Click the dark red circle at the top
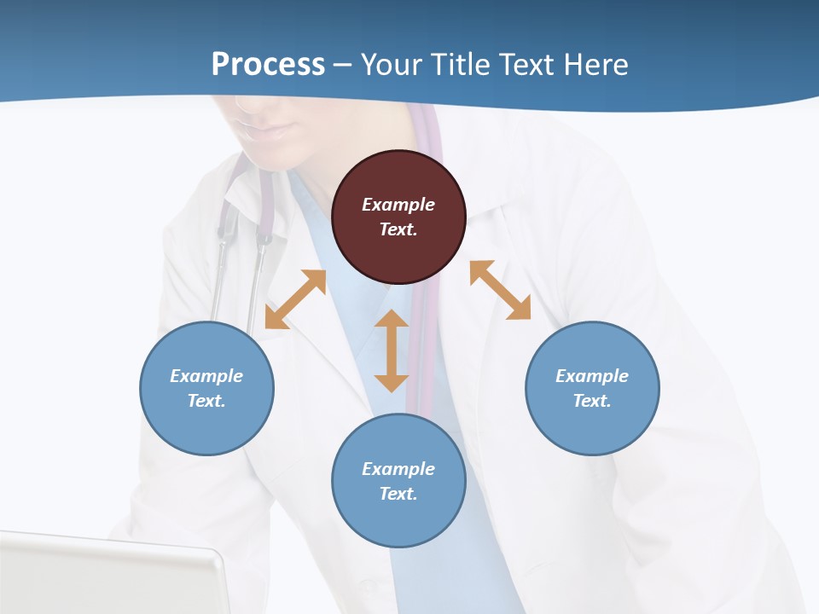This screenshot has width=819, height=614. click(398, 217)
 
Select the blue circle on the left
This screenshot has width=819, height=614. click(206, 388)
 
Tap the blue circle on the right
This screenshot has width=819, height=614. click(592, 388)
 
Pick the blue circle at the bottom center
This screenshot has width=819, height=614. click(398, 481)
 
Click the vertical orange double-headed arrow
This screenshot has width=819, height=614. click(392, 350)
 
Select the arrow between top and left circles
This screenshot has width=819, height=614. click(296, 299)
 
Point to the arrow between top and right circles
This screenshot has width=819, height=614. click(500, 290)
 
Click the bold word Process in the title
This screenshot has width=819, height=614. click(268, 65)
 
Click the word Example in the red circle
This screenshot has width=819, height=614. click(398, 205)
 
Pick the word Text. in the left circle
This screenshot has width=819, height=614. click(206, 401)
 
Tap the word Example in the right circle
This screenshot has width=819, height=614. click(592, 376)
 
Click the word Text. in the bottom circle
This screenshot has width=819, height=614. click(398, 494)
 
